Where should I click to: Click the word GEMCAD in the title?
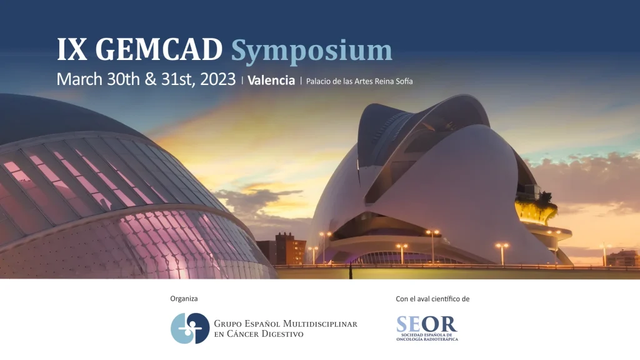click(x=159, y=50)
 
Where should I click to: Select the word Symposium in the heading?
click(x=312, y=52)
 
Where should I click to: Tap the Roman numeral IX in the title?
click(x=72, y=50)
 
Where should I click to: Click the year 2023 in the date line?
click(x=218, y=79)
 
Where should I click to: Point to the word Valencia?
click(x=271, y=81)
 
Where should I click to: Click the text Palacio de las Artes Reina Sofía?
click(x=359, y=81)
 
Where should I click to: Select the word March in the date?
click(x=80, y=79)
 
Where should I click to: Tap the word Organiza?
click(x=184, y=299)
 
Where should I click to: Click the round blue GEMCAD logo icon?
click(x=190, y=328)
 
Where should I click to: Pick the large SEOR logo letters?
click(x=426, y=324)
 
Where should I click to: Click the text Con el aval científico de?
click(x=432, y=299)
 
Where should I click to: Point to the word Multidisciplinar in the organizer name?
click(x=320, y=324)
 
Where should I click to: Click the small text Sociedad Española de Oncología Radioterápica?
click(x=427, y=337)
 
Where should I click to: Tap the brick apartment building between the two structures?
click(x=291, y=249)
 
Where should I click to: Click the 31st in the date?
click(x=177, y=79)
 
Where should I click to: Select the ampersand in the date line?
click(x=151, y=79)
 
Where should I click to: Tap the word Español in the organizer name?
click(x=262, y=324)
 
